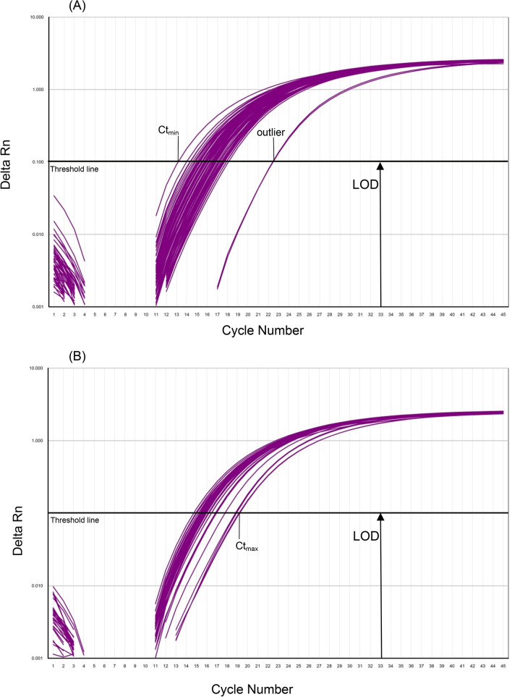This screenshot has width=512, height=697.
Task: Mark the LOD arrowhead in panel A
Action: point(380,166)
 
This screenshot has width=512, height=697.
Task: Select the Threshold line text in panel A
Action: point(74,169)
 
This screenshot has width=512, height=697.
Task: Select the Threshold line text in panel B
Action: point(74,520)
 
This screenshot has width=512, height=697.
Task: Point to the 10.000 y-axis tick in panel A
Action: point(34,17)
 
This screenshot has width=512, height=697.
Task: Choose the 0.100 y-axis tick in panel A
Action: point(35,161)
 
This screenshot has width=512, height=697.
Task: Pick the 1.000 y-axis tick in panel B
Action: point(35,441)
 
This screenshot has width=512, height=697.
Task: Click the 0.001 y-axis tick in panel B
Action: point(35,658)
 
